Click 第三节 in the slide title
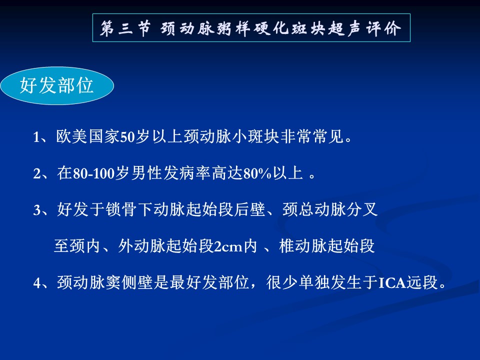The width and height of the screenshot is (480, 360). click(x=125, y=28)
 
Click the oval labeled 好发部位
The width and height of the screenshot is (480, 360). click(x=57, y=85)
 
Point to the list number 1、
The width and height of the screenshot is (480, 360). click(x=42, y=136)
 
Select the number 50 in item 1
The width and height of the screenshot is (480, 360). click(x=127, y=137)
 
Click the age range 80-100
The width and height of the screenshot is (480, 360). click(x=93, y=173)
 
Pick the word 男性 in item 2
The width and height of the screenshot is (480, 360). click(x=146, y=173)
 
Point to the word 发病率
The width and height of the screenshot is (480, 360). click(x=187, y=173)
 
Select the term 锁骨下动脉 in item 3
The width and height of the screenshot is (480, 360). click(x=145, y=209)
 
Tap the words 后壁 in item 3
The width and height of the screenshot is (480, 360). click(x=250, y=209)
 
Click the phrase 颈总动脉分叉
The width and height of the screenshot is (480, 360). click(x=330, y=209)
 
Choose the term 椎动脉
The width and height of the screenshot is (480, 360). click(x=303, y=246)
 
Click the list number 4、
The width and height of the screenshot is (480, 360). click(x=42, y=282)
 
